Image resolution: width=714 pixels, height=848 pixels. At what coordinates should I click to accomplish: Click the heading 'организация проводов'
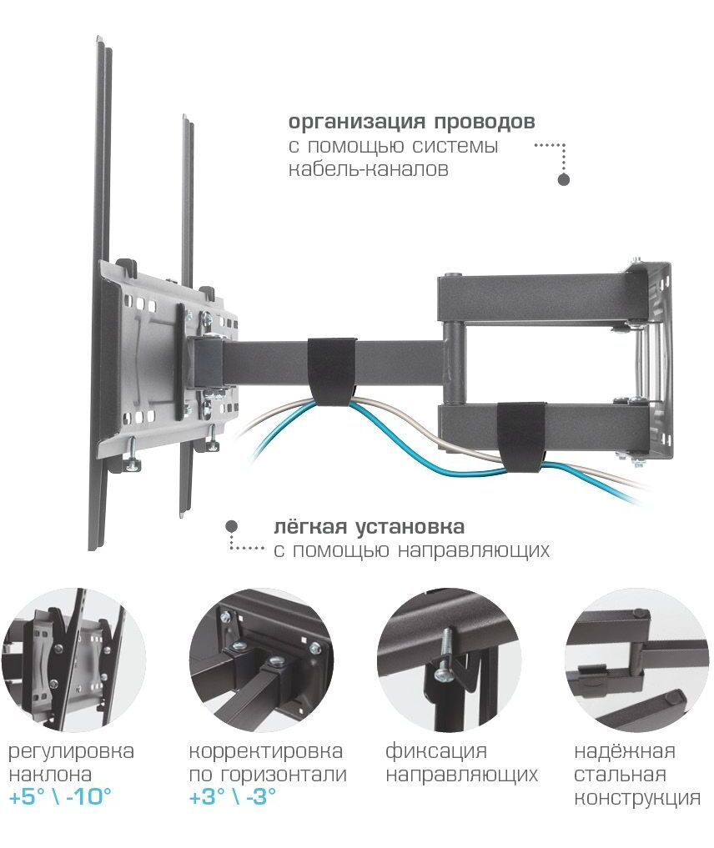point(411,123)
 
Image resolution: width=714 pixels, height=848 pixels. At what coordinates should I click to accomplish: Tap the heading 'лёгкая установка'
point(369,526)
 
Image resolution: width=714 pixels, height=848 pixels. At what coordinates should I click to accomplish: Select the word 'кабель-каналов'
point(369,169)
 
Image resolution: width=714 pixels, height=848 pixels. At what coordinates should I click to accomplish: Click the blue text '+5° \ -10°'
point(60,796)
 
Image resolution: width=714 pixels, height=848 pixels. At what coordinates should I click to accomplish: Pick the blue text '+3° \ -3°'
point(233,796)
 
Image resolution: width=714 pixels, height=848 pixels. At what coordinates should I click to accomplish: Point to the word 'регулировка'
point(71,752)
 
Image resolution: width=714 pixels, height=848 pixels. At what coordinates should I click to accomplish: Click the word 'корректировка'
point(265,752)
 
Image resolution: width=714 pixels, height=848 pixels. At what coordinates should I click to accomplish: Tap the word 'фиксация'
point(436,752)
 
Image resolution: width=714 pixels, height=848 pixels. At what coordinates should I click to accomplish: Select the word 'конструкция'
point(637,798)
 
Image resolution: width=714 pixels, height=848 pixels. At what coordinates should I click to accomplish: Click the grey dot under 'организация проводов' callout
point(564,179)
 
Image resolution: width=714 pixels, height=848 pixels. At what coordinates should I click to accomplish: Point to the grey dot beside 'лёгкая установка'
point(232,525)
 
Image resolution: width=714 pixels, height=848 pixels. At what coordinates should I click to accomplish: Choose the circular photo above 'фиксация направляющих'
point(449,660)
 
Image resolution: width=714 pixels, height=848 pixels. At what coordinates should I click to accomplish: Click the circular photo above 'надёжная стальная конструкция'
point(637,660)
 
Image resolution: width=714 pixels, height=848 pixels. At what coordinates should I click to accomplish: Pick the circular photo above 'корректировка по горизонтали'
point(261,660)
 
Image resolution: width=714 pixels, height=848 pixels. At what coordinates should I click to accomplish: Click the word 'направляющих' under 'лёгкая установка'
point(474,551)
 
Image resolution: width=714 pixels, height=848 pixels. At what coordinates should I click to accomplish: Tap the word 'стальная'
point(620,775)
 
